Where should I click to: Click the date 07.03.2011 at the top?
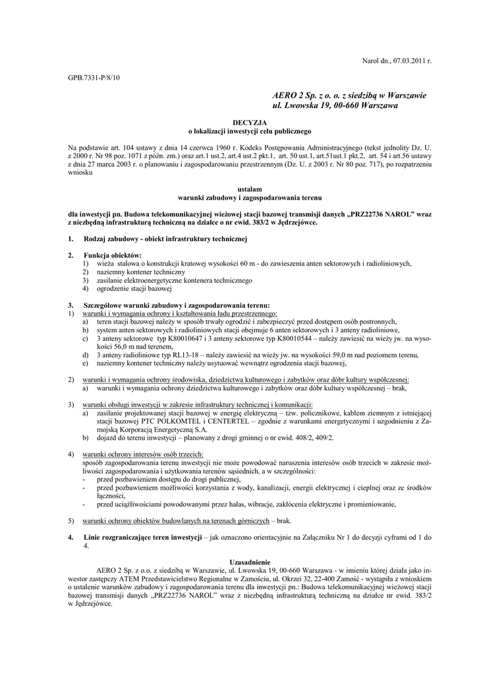tap(408, 61)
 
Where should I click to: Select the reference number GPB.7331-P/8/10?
tap(94, 78)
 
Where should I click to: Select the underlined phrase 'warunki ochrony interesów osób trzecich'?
tap(143, 454)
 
